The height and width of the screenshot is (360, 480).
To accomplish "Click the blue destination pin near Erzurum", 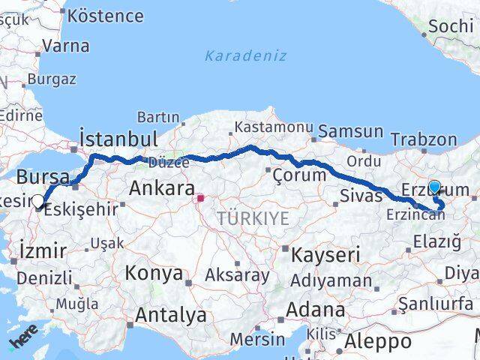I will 434,187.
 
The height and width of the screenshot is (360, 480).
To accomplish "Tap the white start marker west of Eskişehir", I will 39,201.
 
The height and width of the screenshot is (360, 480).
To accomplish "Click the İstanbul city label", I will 118,139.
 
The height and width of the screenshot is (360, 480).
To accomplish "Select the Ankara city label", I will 161,187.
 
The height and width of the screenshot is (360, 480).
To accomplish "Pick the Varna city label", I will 65,45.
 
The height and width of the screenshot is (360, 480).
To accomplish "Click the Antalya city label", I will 172,316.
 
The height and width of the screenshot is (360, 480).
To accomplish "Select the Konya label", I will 154,273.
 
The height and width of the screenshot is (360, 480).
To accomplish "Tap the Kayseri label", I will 325,254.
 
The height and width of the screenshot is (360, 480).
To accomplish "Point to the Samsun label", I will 350,132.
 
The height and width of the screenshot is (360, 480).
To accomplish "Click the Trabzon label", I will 424,139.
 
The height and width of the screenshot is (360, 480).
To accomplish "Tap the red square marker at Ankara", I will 200,199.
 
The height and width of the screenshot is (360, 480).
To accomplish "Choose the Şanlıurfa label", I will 436,304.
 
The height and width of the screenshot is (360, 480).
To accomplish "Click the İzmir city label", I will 43,250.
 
